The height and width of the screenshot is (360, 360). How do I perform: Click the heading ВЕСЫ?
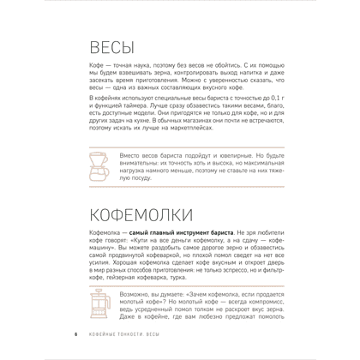tap(119, 50)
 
